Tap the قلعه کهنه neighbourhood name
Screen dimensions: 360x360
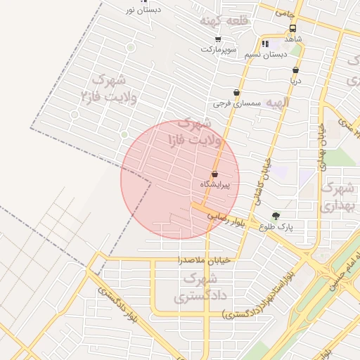(x=224, y=21)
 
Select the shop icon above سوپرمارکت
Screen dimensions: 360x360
(x=218, y=39)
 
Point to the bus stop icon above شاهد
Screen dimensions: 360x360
(x=292, y=29)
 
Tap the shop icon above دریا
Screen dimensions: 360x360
(x=295, y=70)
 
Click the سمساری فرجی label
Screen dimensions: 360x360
(x=237, y=103)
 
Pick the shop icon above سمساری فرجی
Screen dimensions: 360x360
(x=236, y=93)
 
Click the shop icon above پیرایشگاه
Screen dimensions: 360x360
(x=214, y=174)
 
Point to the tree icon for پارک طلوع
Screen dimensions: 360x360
(x=275, y=217)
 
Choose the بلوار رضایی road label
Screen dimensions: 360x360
(x=226, y=217)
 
